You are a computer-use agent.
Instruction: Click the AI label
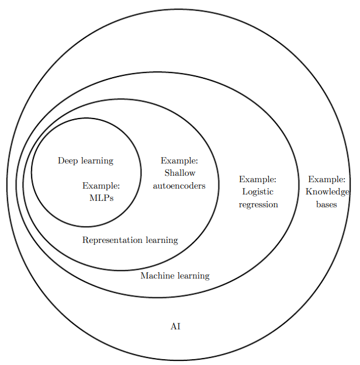[x=175, y=326]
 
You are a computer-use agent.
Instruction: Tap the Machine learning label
[x=175, y=276]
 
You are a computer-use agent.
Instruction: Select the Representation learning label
[x=130, y=240]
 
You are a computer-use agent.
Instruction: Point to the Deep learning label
[x=85, y=161]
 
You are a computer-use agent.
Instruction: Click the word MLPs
[x=101, y=197]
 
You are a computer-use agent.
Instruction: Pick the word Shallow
[x=179, y=173]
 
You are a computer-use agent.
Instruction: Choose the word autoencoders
[x=179, y=186]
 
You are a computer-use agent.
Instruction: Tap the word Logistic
[x=257, y=192]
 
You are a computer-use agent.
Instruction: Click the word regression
[x=258, y=204]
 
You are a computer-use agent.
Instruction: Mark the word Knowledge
[x=327, y=192]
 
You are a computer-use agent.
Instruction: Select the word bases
[x=326, y=204]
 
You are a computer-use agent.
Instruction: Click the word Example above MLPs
[x=101, y=186]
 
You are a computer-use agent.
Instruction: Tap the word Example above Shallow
[x=179, y=160]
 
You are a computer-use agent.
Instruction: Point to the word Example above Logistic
[x=257, y=179]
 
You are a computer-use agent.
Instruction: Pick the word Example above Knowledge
[x=327, y=179]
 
